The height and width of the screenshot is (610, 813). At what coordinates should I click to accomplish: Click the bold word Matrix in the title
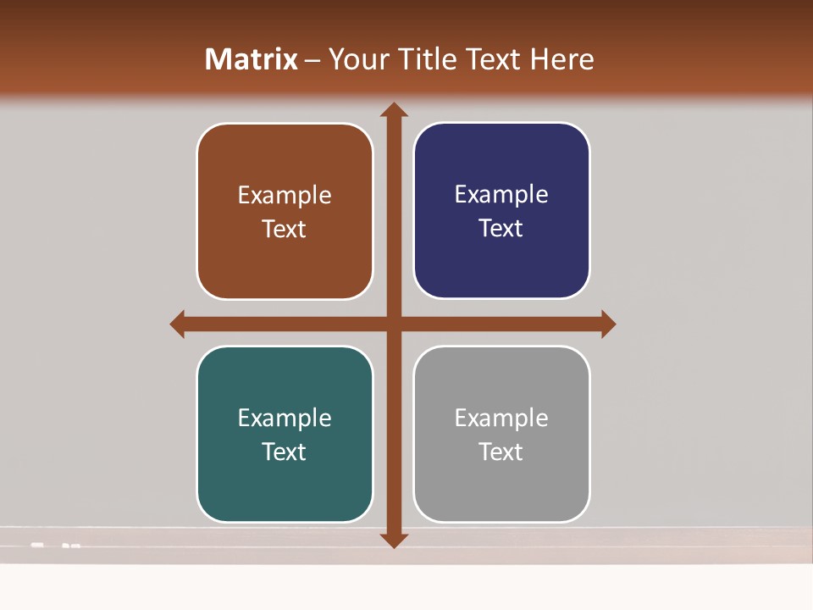tap(252, 59)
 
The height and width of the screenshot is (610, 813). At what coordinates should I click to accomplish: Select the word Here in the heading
tap(561, 59)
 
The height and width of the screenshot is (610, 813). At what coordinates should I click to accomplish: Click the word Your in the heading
tap(356, 59)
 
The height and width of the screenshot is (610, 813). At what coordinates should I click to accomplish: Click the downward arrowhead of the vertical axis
tap(393, 540)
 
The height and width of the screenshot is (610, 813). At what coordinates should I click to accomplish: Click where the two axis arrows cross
tap(393, 324)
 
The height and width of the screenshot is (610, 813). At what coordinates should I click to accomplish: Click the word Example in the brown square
tap(285, 196)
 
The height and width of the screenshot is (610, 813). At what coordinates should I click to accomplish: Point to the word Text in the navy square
tap(501, 229)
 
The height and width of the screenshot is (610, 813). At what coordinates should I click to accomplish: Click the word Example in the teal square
tap(285, 419)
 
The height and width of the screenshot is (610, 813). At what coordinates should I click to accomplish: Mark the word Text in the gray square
tap(501, 452)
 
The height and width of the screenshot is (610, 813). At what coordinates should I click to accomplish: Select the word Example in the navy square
tap(501, 195)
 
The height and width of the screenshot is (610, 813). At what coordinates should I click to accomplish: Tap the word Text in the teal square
tap(285, 452)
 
